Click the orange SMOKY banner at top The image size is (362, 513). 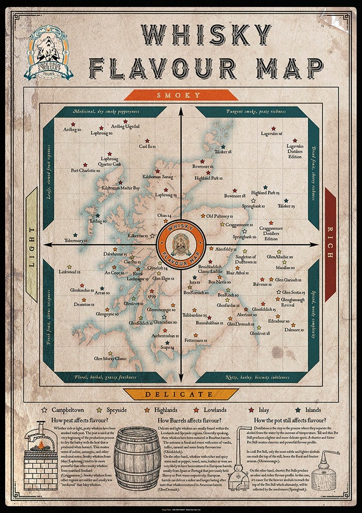click(x=181, y=95)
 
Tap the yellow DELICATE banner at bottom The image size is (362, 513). click(x=181, y=394)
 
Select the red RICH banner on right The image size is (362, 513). click(x=330, y=245)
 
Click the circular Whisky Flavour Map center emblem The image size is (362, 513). click(x=181, y=245)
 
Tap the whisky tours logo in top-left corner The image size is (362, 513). click(x=48, y=52)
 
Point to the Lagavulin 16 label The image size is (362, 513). click(x=271, y=134)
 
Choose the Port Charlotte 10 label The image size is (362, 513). click(x=86, y=170)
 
